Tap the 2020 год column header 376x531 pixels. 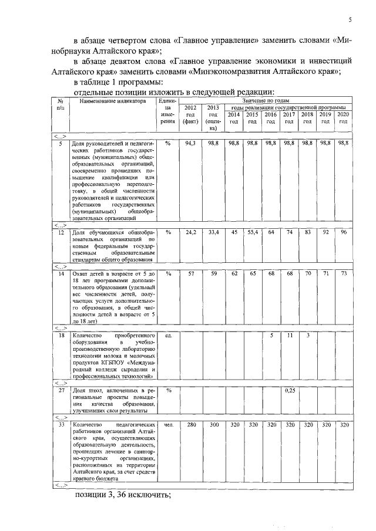(343, 117)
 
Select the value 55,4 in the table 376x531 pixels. (253, 233)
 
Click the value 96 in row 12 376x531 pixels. (343, 233)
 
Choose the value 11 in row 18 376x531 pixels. (288, 335)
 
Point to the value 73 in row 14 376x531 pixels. (343, 273)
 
